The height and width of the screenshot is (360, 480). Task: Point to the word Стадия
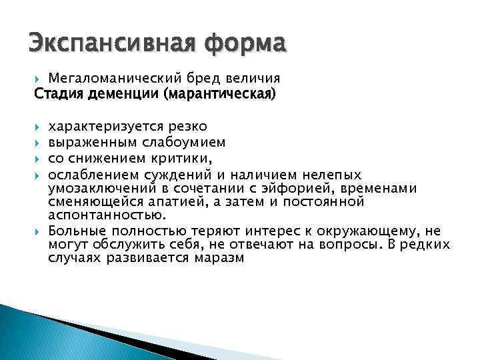tap(58, 93)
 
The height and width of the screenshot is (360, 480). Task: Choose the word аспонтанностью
tap(106, 215)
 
